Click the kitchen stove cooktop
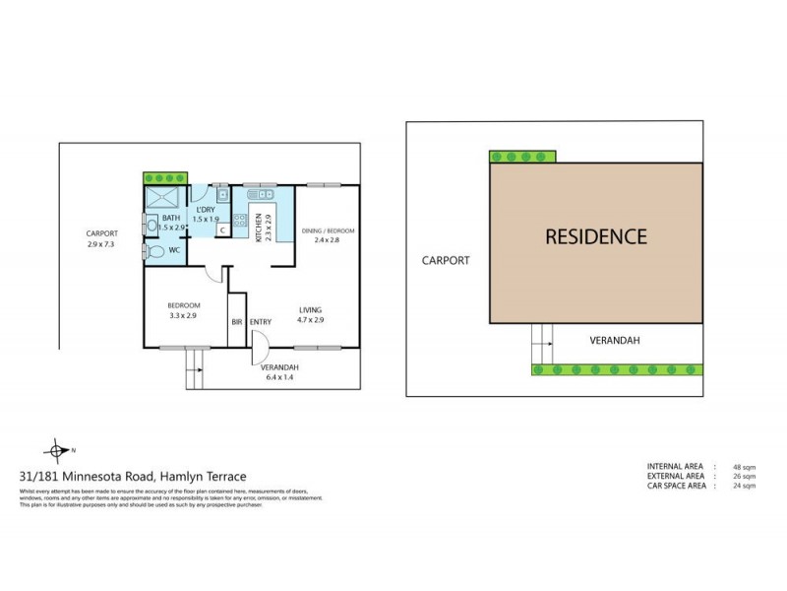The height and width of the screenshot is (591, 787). click(x=240, y=221)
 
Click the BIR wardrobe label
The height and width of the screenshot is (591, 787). click(x=236, y=321)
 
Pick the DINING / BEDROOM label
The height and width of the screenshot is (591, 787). click(x=328, y=230)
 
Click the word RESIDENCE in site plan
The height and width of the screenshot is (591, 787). click(x=596, y=236)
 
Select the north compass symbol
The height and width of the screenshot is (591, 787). click(x=61, y=450)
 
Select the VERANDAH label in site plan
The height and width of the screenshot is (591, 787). click(x=615, y=341)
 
